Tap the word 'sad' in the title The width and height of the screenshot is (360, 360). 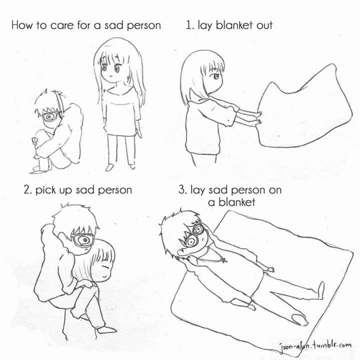(113, 25)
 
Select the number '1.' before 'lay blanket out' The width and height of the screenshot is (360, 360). (190, 25)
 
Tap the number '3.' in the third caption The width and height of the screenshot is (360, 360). (182, 190)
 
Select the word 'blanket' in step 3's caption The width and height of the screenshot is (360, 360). (236, 202)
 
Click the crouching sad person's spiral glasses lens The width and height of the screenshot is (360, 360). (49, 117)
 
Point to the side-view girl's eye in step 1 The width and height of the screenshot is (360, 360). (216, 76)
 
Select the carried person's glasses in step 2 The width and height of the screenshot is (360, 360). (83, 240)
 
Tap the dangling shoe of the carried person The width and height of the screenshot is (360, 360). (106, 329)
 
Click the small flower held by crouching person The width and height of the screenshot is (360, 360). (34, 140)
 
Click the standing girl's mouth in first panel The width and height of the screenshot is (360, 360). (111, 76)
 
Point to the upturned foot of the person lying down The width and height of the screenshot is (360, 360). (320, 290)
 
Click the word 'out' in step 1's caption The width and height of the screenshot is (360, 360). (264, 25)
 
